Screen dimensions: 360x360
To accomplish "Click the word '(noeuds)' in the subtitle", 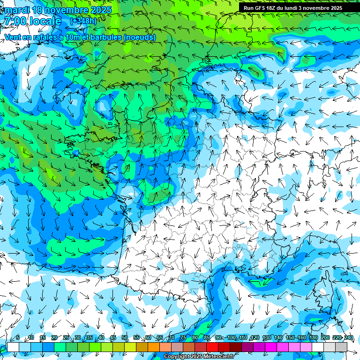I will (x=140, y=37).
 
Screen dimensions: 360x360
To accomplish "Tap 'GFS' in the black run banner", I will (x=261, y=8).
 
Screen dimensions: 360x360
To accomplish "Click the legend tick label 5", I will (x=18, y=337).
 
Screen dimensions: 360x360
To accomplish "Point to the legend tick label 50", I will (x=125, y=337).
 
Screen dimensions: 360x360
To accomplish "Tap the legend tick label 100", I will (x=232, y=337).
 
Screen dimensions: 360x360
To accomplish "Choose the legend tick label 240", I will (x=349, y=337).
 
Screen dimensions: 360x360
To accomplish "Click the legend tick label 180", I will (x=314, y=337).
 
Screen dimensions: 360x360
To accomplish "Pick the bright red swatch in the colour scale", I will (x=212, y=347).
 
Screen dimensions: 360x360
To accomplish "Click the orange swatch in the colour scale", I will (x=154, y=347).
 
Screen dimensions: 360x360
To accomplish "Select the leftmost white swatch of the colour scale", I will (x=13, y=347).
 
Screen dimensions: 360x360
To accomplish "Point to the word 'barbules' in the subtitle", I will (x=105, y=37).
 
